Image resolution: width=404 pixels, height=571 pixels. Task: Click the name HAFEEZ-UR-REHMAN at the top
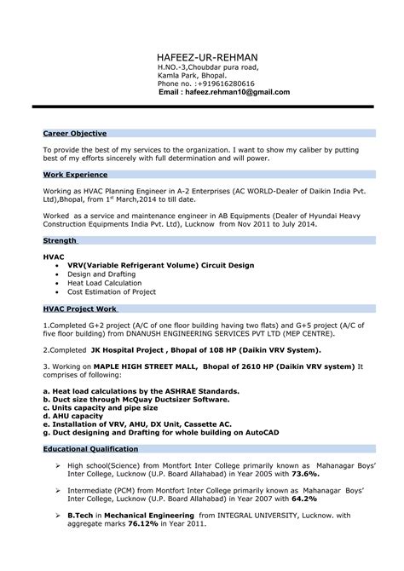pyautogui.click(x=208, y=55)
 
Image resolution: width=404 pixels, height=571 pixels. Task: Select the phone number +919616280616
pyautogui.click(x=226, y=83)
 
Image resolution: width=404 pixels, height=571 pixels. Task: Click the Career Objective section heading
pyautogui.click(x=75, y=134)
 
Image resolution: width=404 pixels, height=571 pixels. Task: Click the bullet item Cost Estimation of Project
pyautogui.click(x=113, y=291)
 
